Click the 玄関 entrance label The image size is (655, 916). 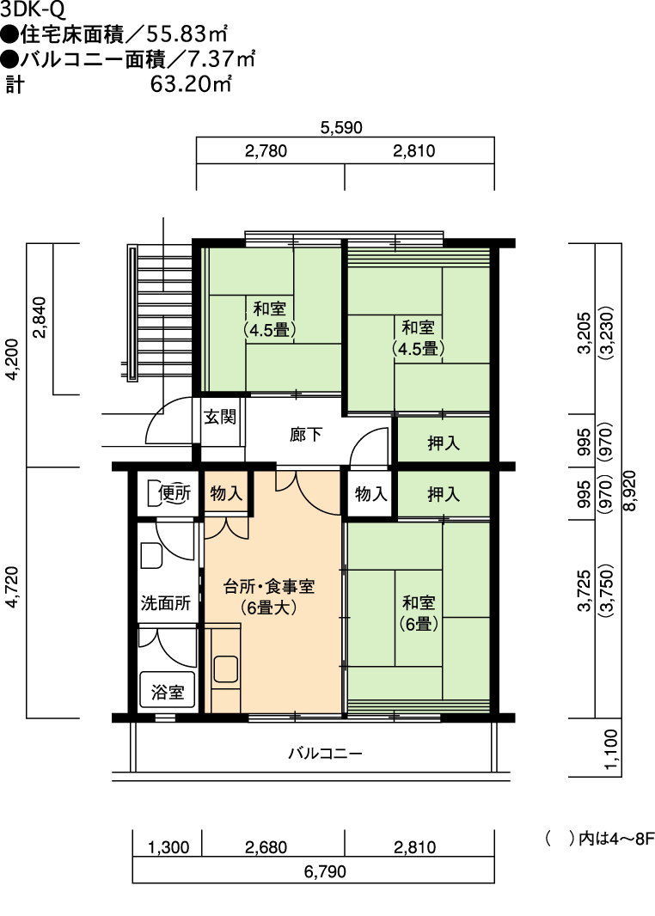[x=220, y=417]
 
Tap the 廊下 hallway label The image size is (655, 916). [x=306, y=435]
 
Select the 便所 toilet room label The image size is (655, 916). [x=174, y=493]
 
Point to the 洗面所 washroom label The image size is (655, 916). [x=166, y=603]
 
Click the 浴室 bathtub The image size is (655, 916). [x=168, y=690]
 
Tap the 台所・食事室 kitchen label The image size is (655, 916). [x=269, y=587]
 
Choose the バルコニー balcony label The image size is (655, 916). [x=325, y=753]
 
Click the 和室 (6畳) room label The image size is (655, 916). [x=419, y=613]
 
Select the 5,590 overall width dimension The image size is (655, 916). [x=341, y=127]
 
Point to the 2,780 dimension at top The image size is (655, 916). [x=266, y=150]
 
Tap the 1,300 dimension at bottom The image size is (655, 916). [x=168, y=847]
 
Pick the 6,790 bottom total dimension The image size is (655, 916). [x=325, y=871]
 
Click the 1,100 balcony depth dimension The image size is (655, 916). [x=611, y=749]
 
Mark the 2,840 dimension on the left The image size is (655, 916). [x=40, y=318]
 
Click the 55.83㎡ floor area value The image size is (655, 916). [x=187, y=34]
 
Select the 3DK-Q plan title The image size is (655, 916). [x=33, y=9]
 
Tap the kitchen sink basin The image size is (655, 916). [x=225, y=669]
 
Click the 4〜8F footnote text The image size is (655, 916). [x=632, y=839]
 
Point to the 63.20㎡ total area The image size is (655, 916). [x=191, y=84]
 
